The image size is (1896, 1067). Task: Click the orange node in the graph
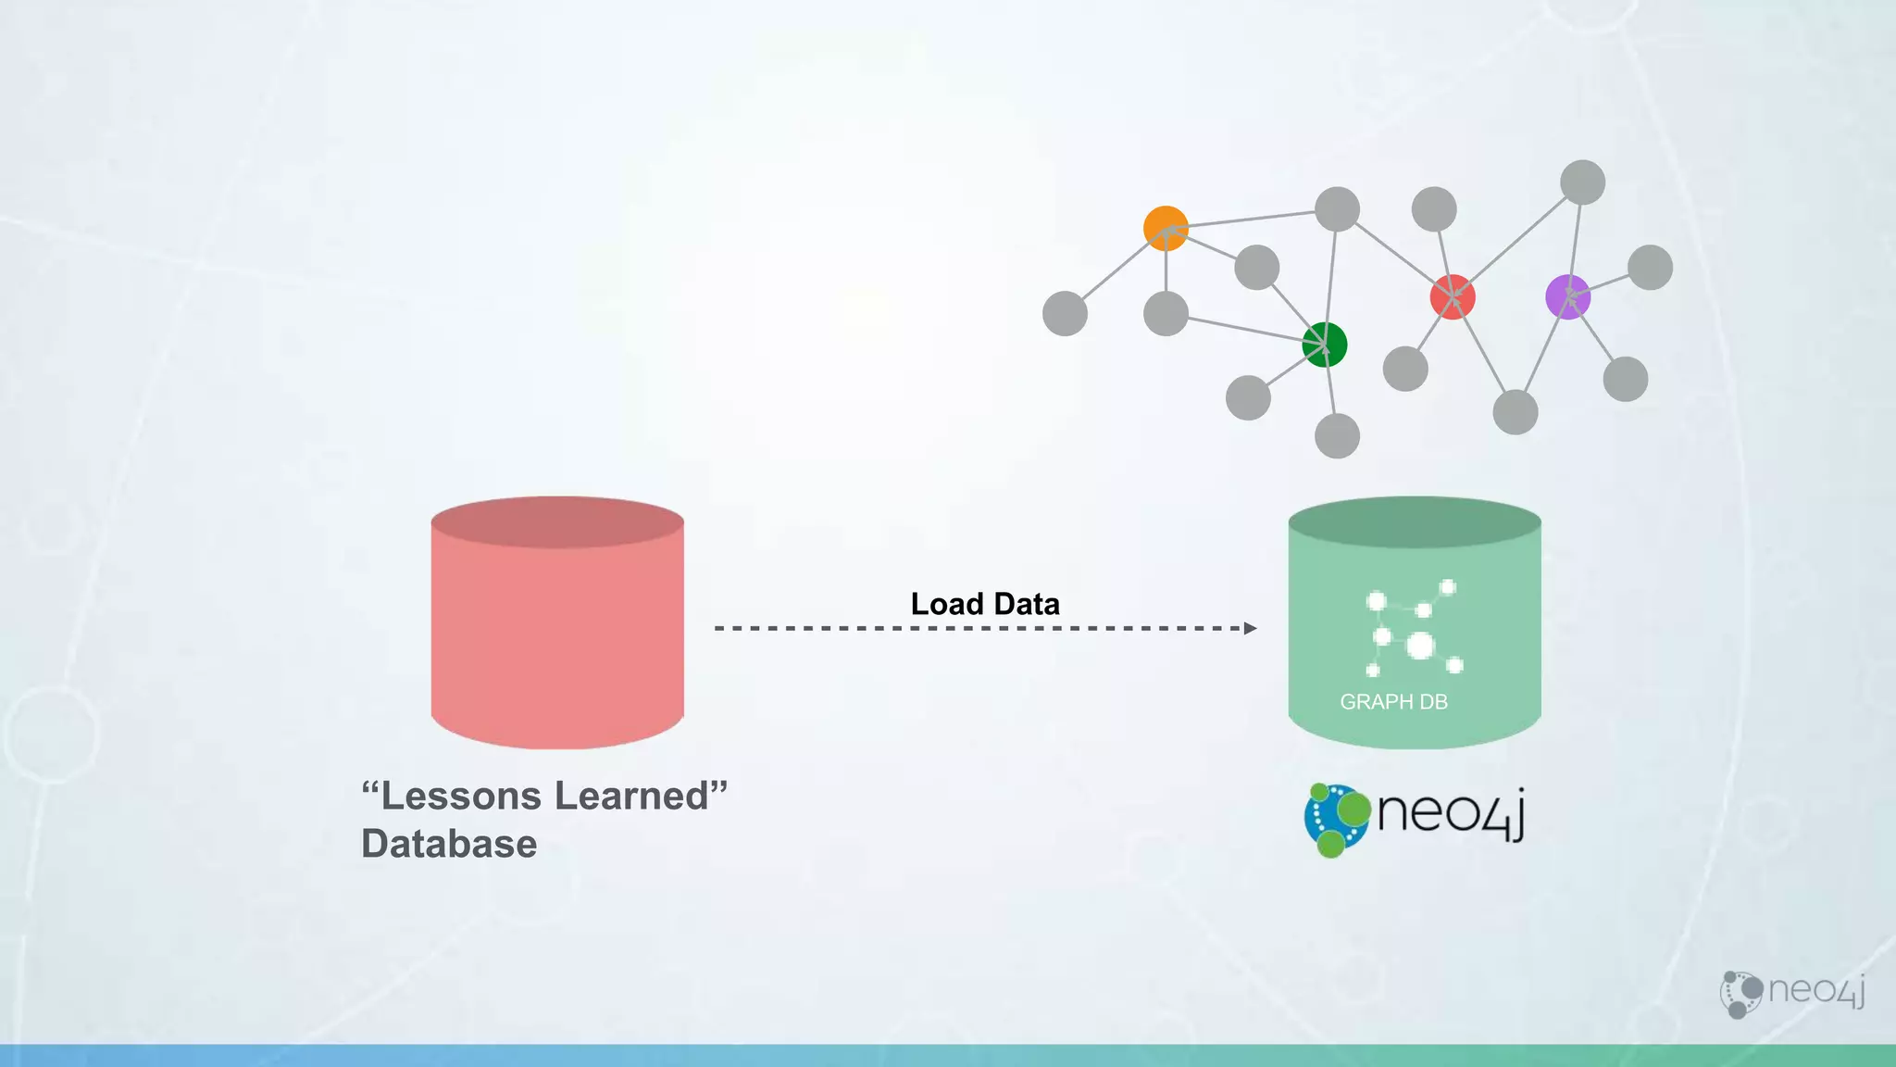tap(1166, 228)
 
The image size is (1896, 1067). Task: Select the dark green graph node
tap(1324, 345)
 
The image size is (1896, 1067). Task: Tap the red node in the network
tap(1452, 297)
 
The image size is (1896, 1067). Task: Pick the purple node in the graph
tap(1567, 297)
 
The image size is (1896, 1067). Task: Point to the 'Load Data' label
tap(985, 604)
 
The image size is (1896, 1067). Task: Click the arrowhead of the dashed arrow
tap(1250, 628)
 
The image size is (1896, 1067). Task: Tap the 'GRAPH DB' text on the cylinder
tap(1393, 702)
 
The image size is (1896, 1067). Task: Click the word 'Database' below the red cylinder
tap(449, 844)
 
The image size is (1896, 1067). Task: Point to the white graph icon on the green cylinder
tap(1414, 627)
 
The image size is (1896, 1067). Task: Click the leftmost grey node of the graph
tap(1065, 313)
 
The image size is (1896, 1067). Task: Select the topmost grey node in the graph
tap(1582, 182)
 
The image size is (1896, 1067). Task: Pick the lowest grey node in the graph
tap(1337, 435)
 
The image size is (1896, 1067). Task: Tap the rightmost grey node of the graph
tap(1650, 268)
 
